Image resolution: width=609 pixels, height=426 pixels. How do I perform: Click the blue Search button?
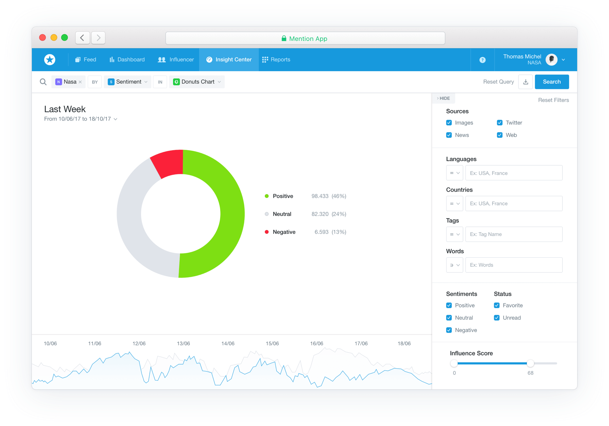[x=551, y=82]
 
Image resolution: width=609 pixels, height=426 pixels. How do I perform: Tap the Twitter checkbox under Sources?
[x=499, y=123]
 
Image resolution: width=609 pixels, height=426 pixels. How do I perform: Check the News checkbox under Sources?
[x=449, y=135]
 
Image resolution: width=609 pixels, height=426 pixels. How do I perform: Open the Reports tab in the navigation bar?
[x=276, y=60]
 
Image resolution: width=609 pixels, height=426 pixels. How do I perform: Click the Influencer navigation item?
[x=176, y=60]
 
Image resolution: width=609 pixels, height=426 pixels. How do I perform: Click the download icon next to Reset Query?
[x=525, y=82]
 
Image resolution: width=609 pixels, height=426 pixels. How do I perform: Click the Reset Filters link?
[x=553, y=100]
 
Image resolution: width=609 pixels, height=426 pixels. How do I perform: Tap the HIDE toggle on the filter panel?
[x=443, y=98]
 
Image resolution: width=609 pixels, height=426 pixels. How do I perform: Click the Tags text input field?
[x=514, y=234]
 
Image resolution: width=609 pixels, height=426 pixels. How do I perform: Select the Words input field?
[x=514, y=265]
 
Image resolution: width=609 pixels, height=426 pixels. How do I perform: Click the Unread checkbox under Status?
[x=496, y=318]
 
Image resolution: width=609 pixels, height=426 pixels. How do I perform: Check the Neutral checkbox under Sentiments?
[x=449, y=318]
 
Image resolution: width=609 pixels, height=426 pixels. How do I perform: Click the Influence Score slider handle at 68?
[x=530, y=363]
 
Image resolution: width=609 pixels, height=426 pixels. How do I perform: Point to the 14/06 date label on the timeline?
[x=228, y=343]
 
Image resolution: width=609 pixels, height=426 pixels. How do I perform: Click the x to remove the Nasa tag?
[x=80, y=82]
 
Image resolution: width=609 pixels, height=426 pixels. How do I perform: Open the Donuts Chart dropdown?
[x=197, y=82]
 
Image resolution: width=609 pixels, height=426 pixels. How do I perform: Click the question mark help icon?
[x=482, y=60]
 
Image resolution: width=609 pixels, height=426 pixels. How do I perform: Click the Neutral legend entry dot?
[x=267, y=214]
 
